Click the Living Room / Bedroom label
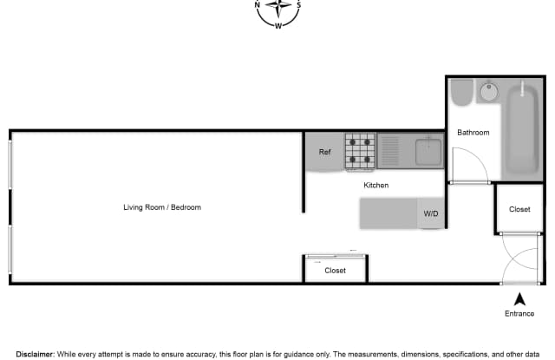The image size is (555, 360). [x=162, y=207]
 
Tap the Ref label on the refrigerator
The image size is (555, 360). [x=324, y=152]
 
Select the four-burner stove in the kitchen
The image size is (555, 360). [x=360, y=152]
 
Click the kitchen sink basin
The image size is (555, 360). [x=428, y=152]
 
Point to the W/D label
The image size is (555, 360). [x=431, y=213]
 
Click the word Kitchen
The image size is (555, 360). [x=375, y=185]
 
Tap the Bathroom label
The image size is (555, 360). [x=473, y=133]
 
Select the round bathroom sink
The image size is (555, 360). [x=489, y=92]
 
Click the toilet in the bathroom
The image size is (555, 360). [x=461, y=93]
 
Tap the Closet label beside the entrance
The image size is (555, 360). [x=519, y=209]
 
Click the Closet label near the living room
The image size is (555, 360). [x=335, y=271]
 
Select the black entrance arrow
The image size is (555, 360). [x=519, y=299]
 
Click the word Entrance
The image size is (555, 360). [x=519, y=314]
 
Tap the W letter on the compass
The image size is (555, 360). [x=278, y=25]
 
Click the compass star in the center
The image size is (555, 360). [x=278, y=6]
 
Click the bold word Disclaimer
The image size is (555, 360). [x=35, y=354]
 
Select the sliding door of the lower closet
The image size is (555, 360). [x=336, y=256]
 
